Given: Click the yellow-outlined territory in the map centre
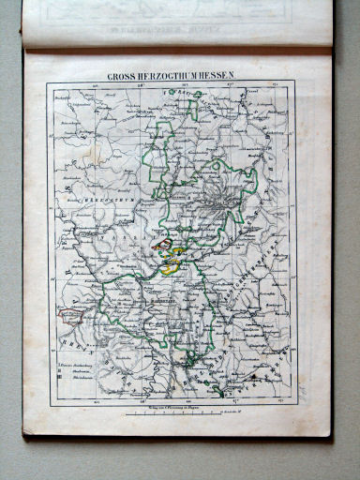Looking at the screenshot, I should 172,265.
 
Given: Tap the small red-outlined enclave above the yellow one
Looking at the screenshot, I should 163,245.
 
